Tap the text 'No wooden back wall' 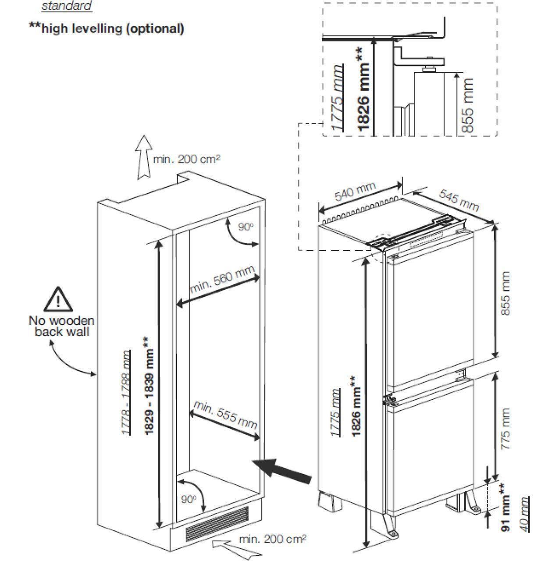(x=61, y=326)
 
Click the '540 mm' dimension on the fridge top (x=355, y=192)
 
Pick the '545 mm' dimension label (x=459, y=200)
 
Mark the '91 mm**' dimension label (x=506, y=507)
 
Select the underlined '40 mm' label (x=524, y=514)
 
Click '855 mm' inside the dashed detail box (x=468, y=105)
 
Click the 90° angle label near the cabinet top (x=246, y=227)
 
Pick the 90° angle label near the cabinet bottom (x=188, y=499)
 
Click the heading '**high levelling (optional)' (x=106, y=28)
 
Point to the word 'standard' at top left (x=67, y=6)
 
